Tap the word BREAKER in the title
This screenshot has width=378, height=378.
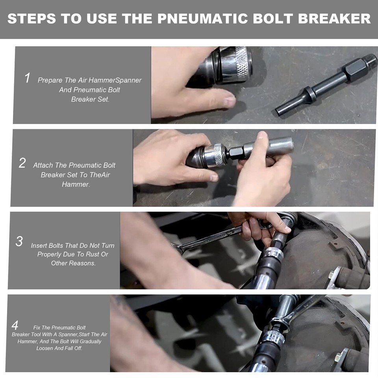[x=335, y=19]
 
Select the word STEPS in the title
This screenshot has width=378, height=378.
[x=31, y=19]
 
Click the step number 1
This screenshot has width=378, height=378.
[x=28, y=78]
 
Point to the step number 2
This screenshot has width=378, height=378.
[x=22, y=163]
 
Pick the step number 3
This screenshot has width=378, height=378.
[x=19, y=241]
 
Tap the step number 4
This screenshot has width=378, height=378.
[x=15, y=326]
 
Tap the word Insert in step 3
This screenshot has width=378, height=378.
[x=39, y=245]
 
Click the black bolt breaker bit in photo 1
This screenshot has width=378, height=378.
[x=326, y=86]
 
